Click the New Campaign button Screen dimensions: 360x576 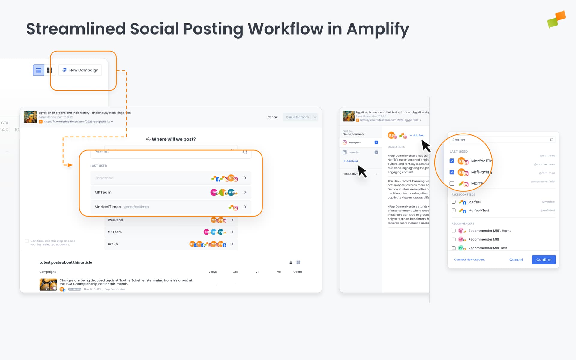click(80, 70)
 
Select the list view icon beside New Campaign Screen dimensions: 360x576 click(38, 70)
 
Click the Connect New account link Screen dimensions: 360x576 click(469, 260)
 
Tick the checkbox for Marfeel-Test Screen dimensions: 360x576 click(454, 211)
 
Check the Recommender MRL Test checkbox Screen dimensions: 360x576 click(454, 248)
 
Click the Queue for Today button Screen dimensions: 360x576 click(297, 117)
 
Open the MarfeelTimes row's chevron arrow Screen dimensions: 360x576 click(245, 207)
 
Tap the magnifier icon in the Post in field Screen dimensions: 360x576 click(245, 152)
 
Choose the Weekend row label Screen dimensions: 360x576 click(115, 220)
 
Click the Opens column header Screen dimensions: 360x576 click(298, 272)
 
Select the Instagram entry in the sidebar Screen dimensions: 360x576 click(355, 142)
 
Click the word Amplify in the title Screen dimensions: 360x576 click(378, 29)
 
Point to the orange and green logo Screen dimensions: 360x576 click(556, 19)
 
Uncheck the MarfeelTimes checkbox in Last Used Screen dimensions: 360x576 click(452, 161)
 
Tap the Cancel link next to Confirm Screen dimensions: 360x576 click(516, 260)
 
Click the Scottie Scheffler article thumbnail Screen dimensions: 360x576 click(48, 284)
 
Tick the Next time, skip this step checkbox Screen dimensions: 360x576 click(27, 241)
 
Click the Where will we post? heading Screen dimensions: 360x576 click(173, 139)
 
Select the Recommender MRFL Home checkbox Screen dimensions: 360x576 click(454, 231)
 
